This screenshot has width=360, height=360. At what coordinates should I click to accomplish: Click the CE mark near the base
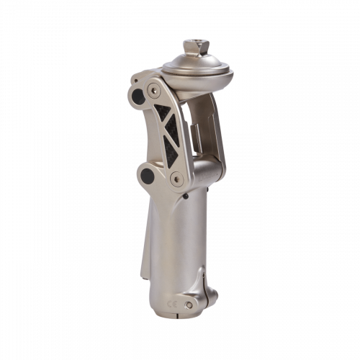(172, 305)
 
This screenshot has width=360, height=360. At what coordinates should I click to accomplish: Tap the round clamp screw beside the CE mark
(189, 305)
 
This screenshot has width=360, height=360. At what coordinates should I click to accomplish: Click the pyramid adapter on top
(196, 47)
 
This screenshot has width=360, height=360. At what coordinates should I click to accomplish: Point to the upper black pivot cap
(138, 96)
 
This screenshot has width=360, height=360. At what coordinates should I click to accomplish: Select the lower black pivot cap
(148, 176)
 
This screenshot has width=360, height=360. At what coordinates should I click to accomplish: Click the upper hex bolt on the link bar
(154, 91)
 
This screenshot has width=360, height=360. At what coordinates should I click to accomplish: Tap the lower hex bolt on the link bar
(176, 179)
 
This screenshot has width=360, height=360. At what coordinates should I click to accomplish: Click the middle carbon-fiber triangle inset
(172, 130)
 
